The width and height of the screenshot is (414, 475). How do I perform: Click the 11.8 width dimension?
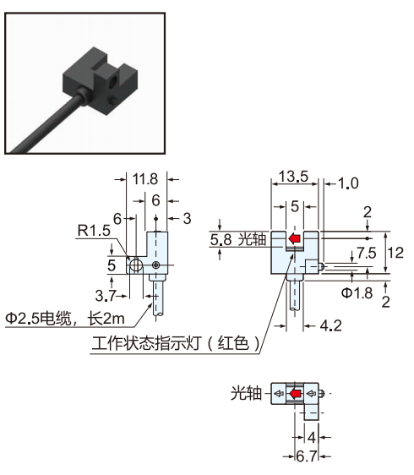pos(146,179)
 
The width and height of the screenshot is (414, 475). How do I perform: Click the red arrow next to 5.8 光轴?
pos(294,240)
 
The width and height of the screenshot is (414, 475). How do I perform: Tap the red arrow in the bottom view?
pos(295,394)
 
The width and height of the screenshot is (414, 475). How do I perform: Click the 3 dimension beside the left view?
pos(187,218)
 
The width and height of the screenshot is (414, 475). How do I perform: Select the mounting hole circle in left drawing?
pos(136,265)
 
